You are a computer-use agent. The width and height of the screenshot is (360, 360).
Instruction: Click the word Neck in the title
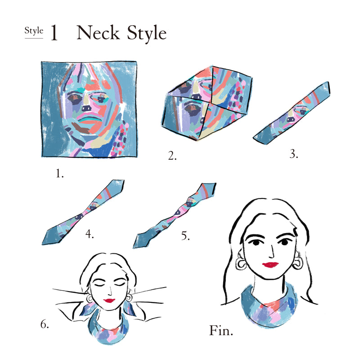click(98, 32)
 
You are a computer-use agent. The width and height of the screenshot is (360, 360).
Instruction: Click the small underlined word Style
click(34, 31)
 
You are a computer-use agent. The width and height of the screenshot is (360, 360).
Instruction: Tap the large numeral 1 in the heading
click(54, 32)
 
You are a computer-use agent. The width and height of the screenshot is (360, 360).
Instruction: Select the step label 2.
click(172, 156)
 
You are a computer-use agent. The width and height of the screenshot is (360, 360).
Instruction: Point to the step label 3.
click(294, 154)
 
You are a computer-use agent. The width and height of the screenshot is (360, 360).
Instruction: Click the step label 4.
click(90, 234)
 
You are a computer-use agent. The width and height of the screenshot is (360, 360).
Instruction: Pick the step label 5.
click(185, 235)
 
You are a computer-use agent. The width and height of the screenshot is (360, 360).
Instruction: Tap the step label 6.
click(45, 324)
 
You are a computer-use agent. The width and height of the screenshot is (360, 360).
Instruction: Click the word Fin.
click(221, 330)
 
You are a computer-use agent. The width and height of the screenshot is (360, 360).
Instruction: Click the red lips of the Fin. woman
click(270, 265)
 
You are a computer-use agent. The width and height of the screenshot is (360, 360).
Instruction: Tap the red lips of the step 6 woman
click(109, 300)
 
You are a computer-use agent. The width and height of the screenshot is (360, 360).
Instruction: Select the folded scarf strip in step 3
click(292, 113)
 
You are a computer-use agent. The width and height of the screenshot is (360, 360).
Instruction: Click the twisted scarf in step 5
click(175, 215)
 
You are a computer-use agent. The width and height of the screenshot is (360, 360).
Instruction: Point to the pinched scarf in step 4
click(83, 212)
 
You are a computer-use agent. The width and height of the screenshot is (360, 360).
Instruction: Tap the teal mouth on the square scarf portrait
click(90, 120)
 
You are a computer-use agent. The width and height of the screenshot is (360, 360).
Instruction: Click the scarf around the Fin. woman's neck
click(269, 306)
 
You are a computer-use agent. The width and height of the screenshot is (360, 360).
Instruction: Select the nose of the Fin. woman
click(272, 252)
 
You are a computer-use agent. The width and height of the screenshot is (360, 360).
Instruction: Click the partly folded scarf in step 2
click(207, 103)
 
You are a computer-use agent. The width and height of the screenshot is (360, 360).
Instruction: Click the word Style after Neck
click(147, 33)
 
